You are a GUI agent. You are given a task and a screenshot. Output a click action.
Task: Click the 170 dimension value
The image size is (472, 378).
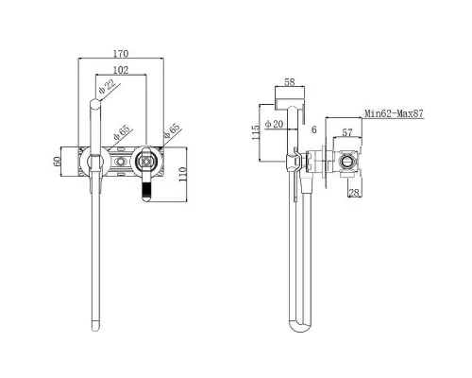tap(121, 54)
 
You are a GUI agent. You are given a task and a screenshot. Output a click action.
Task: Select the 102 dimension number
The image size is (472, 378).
tap(121, 70)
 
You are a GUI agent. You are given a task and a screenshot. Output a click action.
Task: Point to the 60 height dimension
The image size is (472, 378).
tap(57, 162)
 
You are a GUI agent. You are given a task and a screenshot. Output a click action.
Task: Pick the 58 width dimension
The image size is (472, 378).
tap(290, 82)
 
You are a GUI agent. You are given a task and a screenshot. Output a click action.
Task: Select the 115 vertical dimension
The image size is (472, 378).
tap(256, 132)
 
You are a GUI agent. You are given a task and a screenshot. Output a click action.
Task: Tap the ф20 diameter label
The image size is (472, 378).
tap(275, 124)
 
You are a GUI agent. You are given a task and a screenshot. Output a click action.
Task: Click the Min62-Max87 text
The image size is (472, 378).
tap(394, 113)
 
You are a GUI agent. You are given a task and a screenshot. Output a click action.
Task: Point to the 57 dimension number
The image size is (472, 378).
tap(346, 132)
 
